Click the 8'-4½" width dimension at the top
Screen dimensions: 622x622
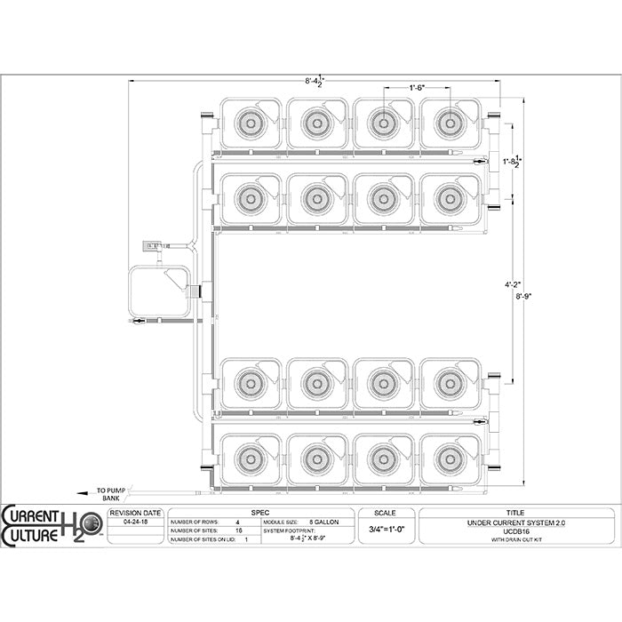click(315, 82)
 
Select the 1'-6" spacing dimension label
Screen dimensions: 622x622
click(417, 87)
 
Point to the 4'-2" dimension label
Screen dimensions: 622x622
click(512, 285)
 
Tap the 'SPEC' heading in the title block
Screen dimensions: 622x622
click(260, 513)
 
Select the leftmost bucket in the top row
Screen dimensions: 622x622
click(250, 123)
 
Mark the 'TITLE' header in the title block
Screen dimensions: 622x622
click(515, 513)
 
